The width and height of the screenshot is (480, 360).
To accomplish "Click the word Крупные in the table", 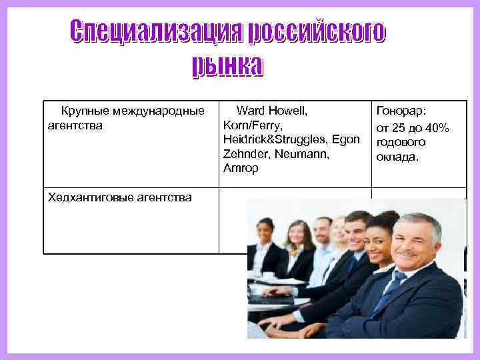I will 85,110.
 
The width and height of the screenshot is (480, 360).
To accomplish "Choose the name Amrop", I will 240,168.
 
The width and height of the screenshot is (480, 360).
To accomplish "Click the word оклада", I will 398,157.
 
